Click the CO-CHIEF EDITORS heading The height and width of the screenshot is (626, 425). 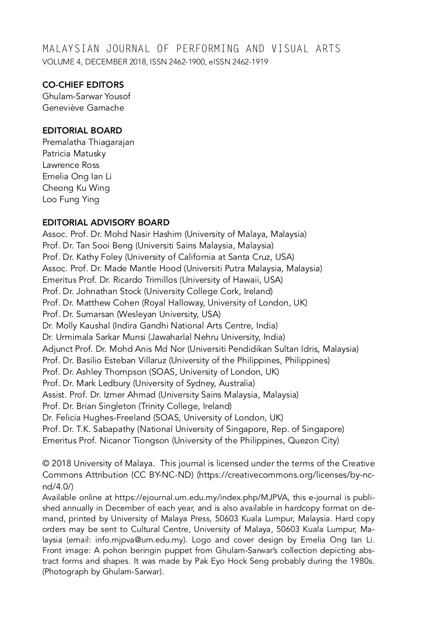[x=83, y=85]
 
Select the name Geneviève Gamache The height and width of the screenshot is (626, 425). [x=83, y=108]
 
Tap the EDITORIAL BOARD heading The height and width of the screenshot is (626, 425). [x=82, y=131]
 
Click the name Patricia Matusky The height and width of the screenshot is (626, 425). [x=74, y=153]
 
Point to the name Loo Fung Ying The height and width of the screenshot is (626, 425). [x=71, y=199]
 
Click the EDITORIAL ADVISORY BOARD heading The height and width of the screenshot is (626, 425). [x=106, y=223]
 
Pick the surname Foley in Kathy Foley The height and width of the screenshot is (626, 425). [x=111, y=257]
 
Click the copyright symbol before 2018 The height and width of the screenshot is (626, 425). [x=45, y=464]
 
